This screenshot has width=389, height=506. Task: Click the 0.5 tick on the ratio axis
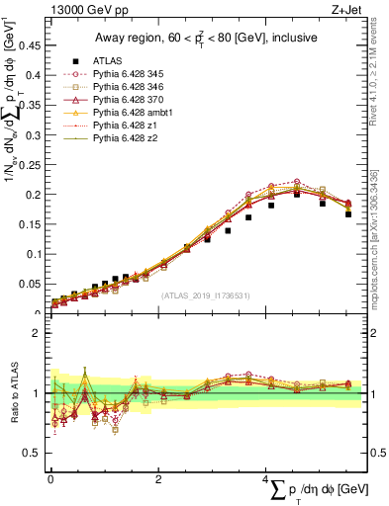[x=34, y=454]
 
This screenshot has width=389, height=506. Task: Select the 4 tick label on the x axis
[x=266, y=479]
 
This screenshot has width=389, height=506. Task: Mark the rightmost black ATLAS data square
[x=348, y=213]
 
